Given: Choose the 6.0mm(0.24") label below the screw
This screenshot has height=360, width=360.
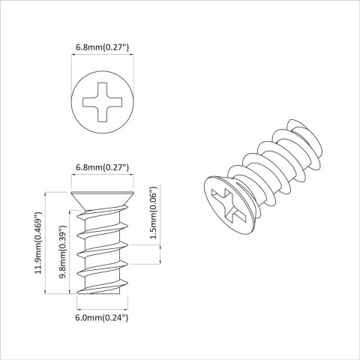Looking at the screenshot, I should tap(103, 318).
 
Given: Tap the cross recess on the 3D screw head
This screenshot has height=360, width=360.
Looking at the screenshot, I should tap(228, 204).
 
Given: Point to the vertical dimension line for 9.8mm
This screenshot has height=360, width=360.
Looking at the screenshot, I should tap(70, 251).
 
